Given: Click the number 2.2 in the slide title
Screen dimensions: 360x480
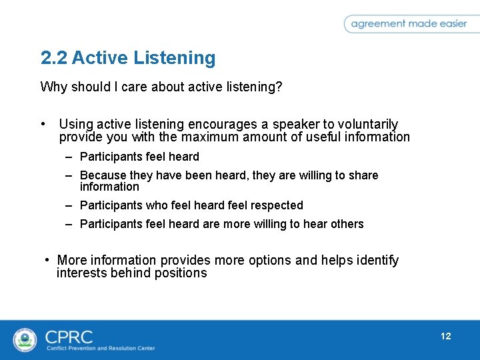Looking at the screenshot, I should [x=54, y=59].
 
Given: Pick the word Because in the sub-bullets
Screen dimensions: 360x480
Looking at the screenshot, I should [x=103, y=175].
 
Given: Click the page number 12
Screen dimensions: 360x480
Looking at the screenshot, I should [x=445, y=336].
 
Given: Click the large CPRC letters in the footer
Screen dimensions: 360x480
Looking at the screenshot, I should [x=69, y=336].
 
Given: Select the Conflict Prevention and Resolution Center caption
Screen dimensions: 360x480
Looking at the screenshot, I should [x=101, y=349].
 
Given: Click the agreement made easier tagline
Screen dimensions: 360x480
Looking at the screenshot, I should [x=408, y=23].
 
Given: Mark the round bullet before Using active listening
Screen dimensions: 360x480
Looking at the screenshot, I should [x=43, y=125].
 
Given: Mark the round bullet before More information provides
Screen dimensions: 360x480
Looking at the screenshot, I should [x=47, y=260].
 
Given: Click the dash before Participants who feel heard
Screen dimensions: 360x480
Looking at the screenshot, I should [x=69, y=205].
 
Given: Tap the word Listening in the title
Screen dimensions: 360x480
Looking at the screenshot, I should [x=174, y=59].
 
